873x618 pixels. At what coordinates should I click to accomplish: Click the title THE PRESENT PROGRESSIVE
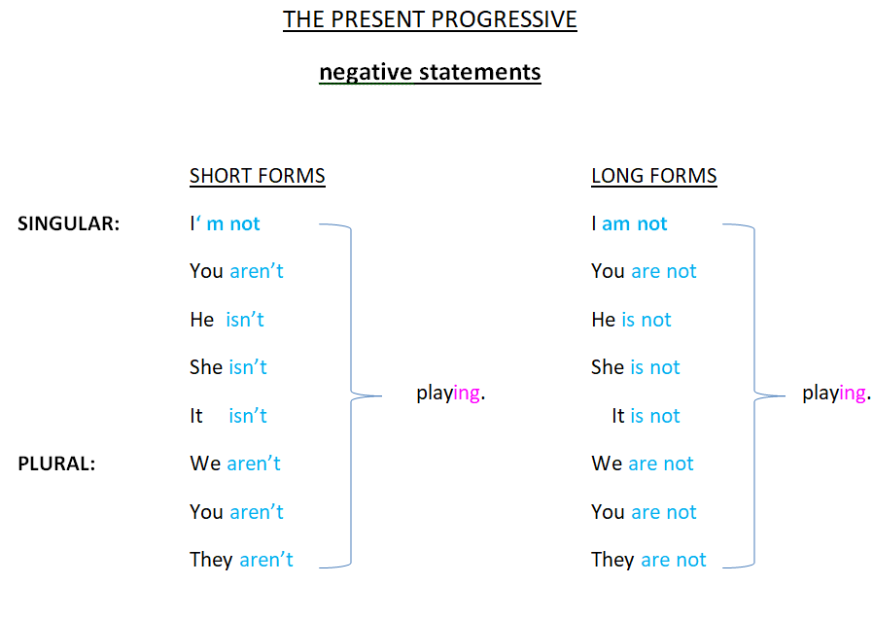pyautogui.click(x=430, y=20)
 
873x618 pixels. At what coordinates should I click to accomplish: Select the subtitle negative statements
pyautogui.click(x=430, y=72)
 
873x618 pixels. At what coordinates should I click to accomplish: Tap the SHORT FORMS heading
pyautogui.click(x=258, y=176)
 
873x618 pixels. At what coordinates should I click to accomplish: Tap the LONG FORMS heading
pyautogui.click(x=654, y=176)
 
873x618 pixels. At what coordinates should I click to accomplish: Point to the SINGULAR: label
pyautogui.click(x=68, y=223)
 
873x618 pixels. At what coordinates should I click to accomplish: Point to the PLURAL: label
pyautogui.click(x=56, y=463)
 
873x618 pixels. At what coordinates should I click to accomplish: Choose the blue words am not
pyautogui.click(x=635, y=223)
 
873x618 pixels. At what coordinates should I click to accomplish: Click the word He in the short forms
pyautogui.click(x=201, y=320)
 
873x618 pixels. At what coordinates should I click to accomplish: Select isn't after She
pyautogui.click(x=248, y=367)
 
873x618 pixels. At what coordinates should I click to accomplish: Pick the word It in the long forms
pyautogui.click(x=618, y=416)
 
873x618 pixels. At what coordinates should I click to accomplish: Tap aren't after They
pyautogui.click(x=266, y=560)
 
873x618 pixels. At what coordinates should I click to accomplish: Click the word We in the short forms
pyautogui.click(x=205, y=463)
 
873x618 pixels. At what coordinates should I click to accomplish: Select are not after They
pyautogui.click(x=674, y=560)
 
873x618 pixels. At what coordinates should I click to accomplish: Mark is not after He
pyautogui.click(x=646, y=320)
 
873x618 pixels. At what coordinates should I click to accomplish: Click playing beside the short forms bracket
pyautogui.click(x=451, y=394)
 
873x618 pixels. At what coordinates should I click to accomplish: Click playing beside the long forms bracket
pyautogui.click(x=836, y=394)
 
